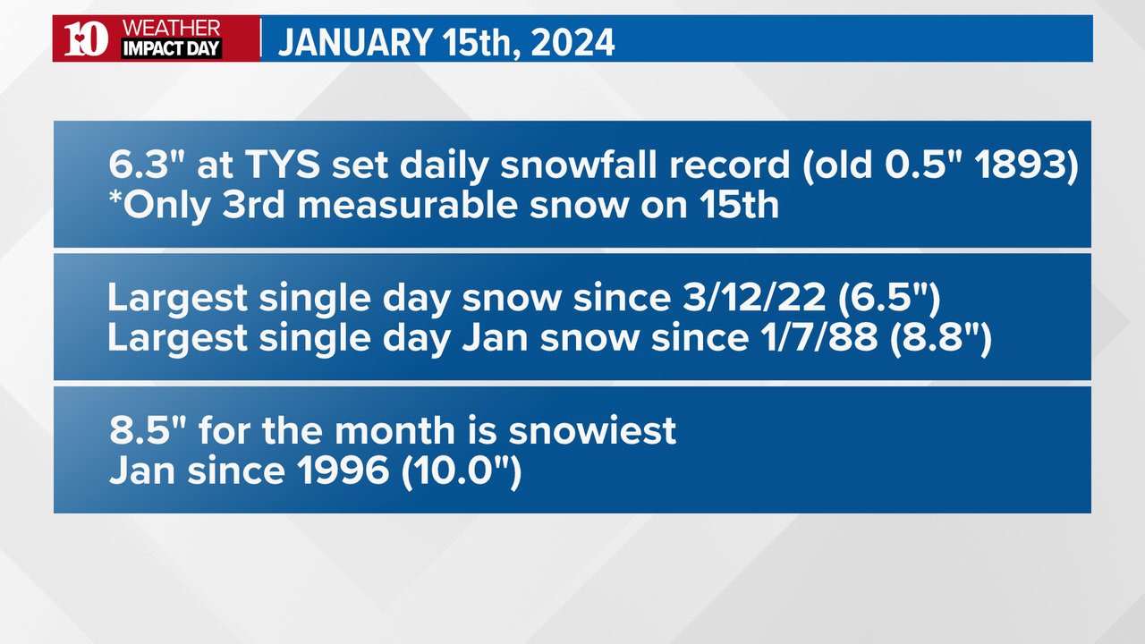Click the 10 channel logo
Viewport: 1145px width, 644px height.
86,38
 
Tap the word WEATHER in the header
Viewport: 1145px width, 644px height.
171,28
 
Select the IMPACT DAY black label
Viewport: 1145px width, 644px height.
171,48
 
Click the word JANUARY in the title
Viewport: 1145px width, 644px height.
356,42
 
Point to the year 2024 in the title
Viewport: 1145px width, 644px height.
572,42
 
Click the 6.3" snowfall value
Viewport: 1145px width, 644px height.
148,165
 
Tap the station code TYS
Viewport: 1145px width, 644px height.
282,165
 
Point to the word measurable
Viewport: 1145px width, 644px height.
407,206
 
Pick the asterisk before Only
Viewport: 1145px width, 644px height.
115,199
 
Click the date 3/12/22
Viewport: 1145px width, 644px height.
754,298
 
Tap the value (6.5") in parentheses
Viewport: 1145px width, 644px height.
889,298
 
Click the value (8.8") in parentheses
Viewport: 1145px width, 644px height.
941,338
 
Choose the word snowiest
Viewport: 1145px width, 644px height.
592,430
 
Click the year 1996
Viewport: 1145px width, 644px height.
343,470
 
